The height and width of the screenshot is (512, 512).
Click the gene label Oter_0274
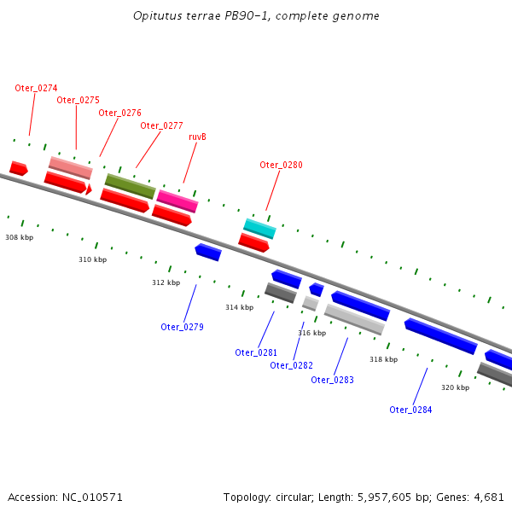[36, 88]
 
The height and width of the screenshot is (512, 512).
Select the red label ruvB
[198, 137]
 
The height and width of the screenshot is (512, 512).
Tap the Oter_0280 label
[281, 165]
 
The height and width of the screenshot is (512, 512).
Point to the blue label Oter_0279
[182, 327]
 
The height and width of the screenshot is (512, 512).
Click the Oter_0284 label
[410, 410]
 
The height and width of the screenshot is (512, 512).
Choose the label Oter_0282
[291, 365]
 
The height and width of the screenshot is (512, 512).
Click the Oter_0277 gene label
[161, 125]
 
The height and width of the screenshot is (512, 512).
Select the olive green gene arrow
[130, 186]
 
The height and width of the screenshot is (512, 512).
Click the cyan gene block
[259, 229]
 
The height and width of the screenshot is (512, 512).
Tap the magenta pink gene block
[177, 201]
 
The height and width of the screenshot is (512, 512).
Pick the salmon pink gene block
[71, 167]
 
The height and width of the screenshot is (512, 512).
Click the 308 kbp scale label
[19, 237]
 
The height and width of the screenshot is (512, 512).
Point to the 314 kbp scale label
[239, 307]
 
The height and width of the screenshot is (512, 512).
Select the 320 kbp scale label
[455, 387]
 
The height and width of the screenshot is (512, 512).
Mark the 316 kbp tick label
[311, 333]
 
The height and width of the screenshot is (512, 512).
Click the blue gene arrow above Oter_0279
[208, 252]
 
